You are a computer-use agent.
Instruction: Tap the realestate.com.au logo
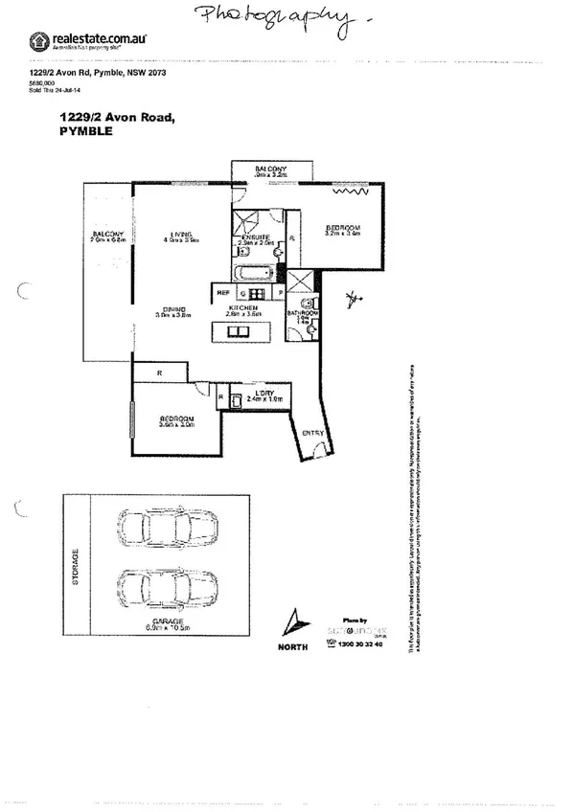point(77,41)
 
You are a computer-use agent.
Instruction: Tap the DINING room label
point(174,308)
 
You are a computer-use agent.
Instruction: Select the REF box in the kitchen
point(223,291)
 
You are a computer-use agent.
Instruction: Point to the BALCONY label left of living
point(106,236)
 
